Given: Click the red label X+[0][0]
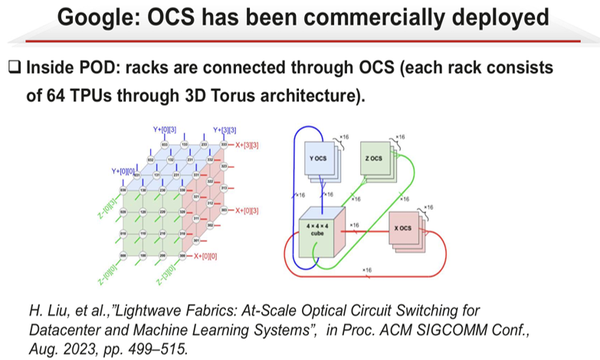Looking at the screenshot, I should point(206,257).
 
